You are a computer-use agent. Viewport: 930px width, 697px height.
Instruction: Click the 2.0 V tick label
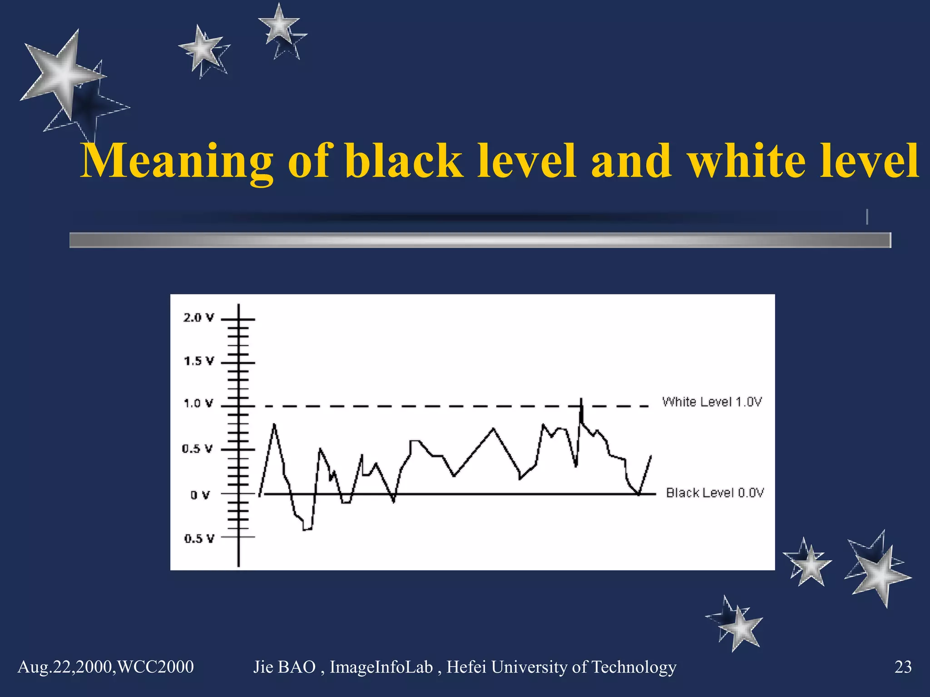pyautogui.click(x=198, y=318)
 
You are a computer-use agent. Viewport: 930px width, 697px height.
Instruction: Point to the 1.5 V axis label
pyautogui.click(x=198, y=361)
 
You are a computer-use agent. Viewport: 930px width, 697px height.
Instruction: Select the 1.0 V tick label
pyautogui.click(x=198, y=403)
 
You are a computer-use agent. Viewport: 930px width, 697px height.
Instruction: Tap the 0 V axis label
pyautogui.click(x=200, y=495)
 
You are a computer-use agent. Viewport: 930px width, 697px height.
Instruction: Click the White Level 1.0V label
pyautogui.click(x=712, y=402)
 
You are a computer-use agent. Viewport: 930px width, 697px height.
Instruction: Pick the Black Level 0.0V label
pyautogui.click(x=715, y=493)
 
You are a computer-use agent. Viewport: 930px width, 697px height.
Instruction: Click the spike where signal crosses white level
pyautogui.click(x=581, y=401)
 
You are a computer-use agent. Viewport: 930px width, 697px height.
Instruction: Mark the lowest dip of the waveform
pyautogui.click(x=307, y=529)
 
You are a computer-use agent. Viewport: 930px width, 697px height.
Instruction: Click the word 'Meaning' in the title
pyautogui.click(x=177, y=161)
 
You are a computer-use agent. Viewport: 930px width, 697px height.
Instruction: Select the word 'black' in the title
pyautogui.click(x=403, y=161)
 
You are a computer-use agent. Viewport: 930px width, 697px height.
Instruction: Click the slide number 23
pyautogui.click(x=903, y=667)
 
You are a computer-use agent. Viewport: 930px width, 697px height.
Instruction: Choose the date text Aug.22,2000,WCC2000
pyautogui.click(x=105, y=667)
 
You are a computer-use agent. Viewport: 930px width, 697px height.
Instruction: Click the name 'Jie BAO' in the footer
pyautogui.click(x=284, y=667)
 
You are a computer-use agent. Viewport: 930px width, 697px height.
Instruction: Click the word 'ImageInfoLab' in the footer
pyautogui.click(x=381, y=667)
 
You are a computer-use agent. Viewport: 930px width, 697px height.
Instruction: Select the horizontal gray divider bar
pyautogui.click(x=480, y=240)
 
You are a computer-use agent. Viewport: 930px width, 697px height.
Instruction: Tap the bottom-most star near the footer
pyautogui.click(x=739, y=628)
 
